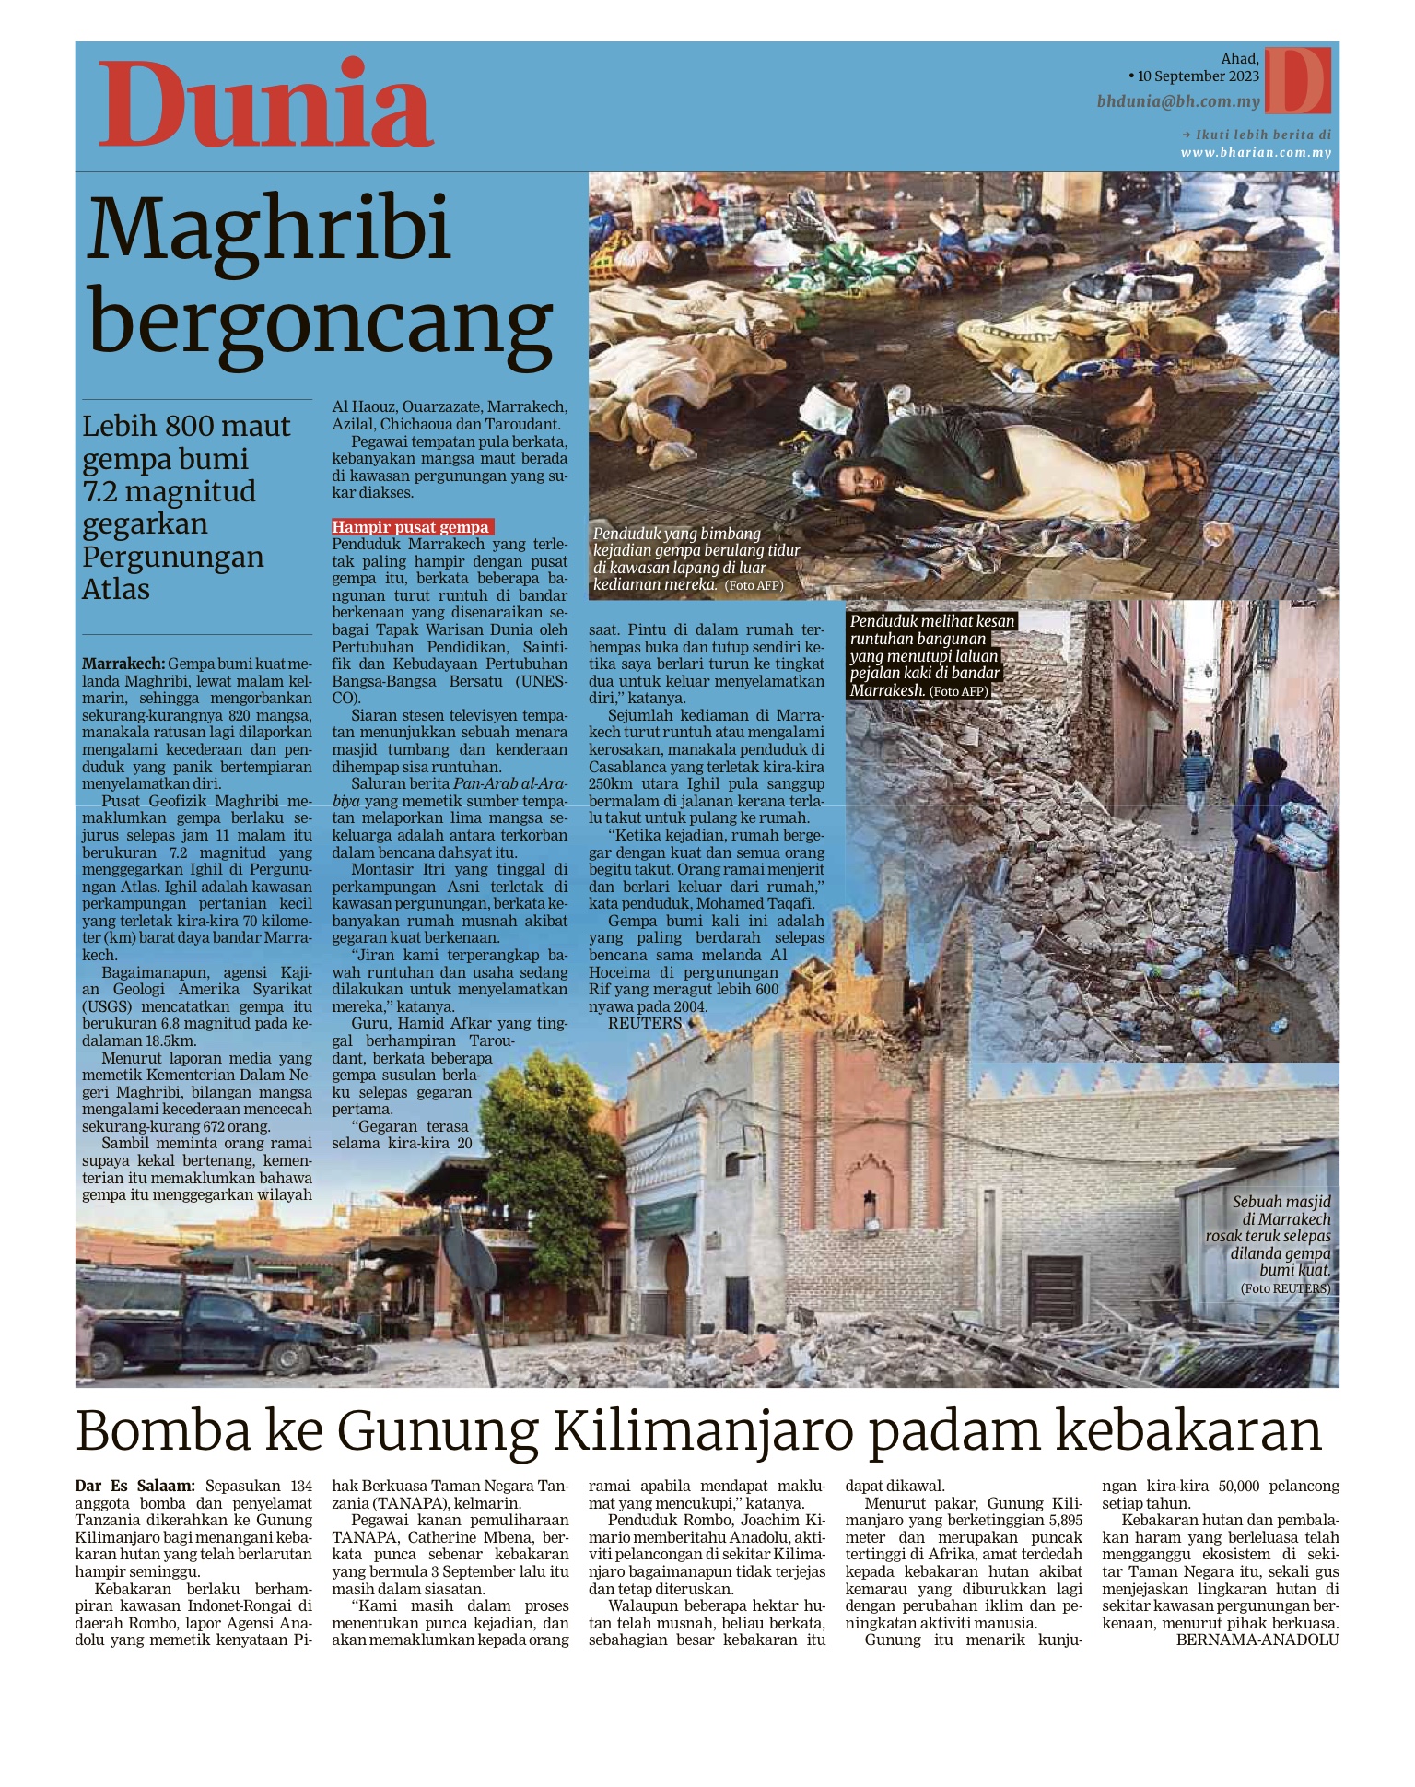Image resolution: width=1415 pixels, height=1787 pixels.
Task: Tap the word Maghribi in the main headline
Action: click(269, 228)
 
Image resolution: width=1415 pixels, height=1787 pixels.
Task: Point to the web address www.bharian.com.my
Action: click(1256, 153)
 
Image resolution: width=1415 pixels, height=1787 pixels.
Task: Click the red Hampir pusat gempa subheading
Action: click(411, 527)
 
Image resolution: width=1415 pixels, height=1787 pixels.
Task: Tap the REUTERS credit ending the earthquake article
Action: click(645, 1023)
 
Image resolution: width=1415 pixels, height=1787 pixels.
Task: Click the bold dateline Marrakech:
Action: click(123, 664)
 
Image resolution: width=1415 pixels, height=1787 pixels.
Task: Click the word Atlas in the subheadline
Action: click(116, 589)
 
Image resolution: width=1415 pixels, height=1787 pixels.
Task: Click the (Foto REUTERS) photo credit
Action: click(1285, 1288)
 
